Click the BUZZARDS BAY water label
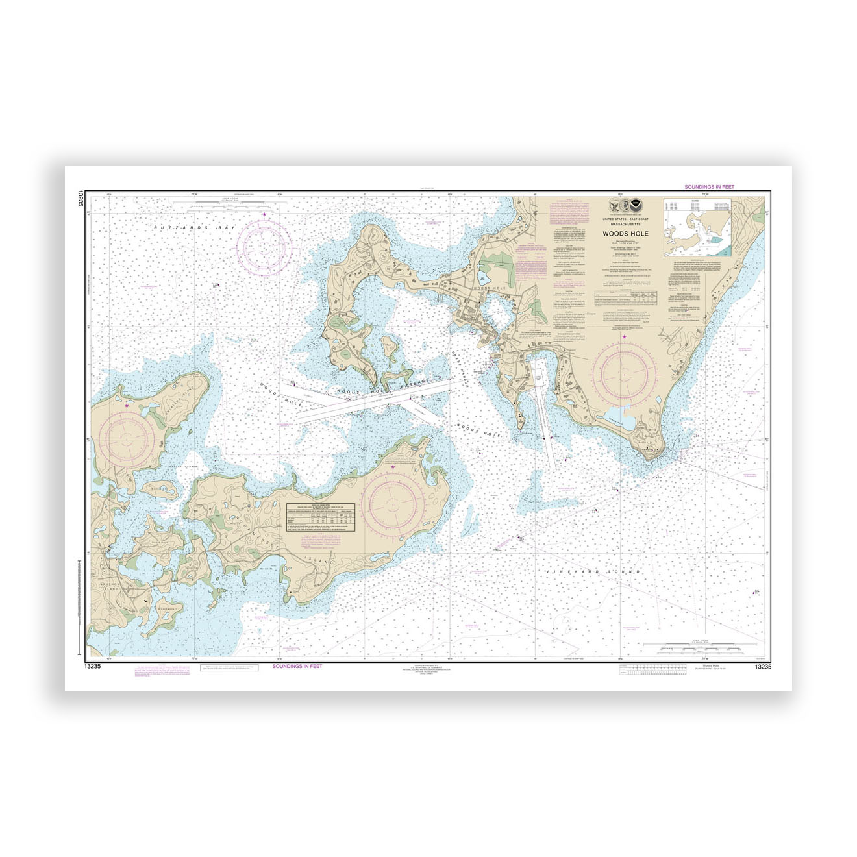[193, 228]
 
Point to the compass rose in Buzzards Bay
[264, 245]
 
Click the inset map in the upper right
[698, 227]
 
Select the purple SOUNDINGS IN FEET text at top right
[709, 187]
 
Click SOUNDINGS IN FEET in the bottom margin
[297, 667]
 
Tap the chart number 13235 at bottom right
[763, 667]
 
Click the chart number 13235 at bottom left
[92, 667]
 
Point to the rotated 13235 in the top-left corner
[81, 198]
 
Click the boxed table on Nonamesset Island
[321, 517]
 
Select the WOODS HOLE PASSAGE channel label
[383, 386]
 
